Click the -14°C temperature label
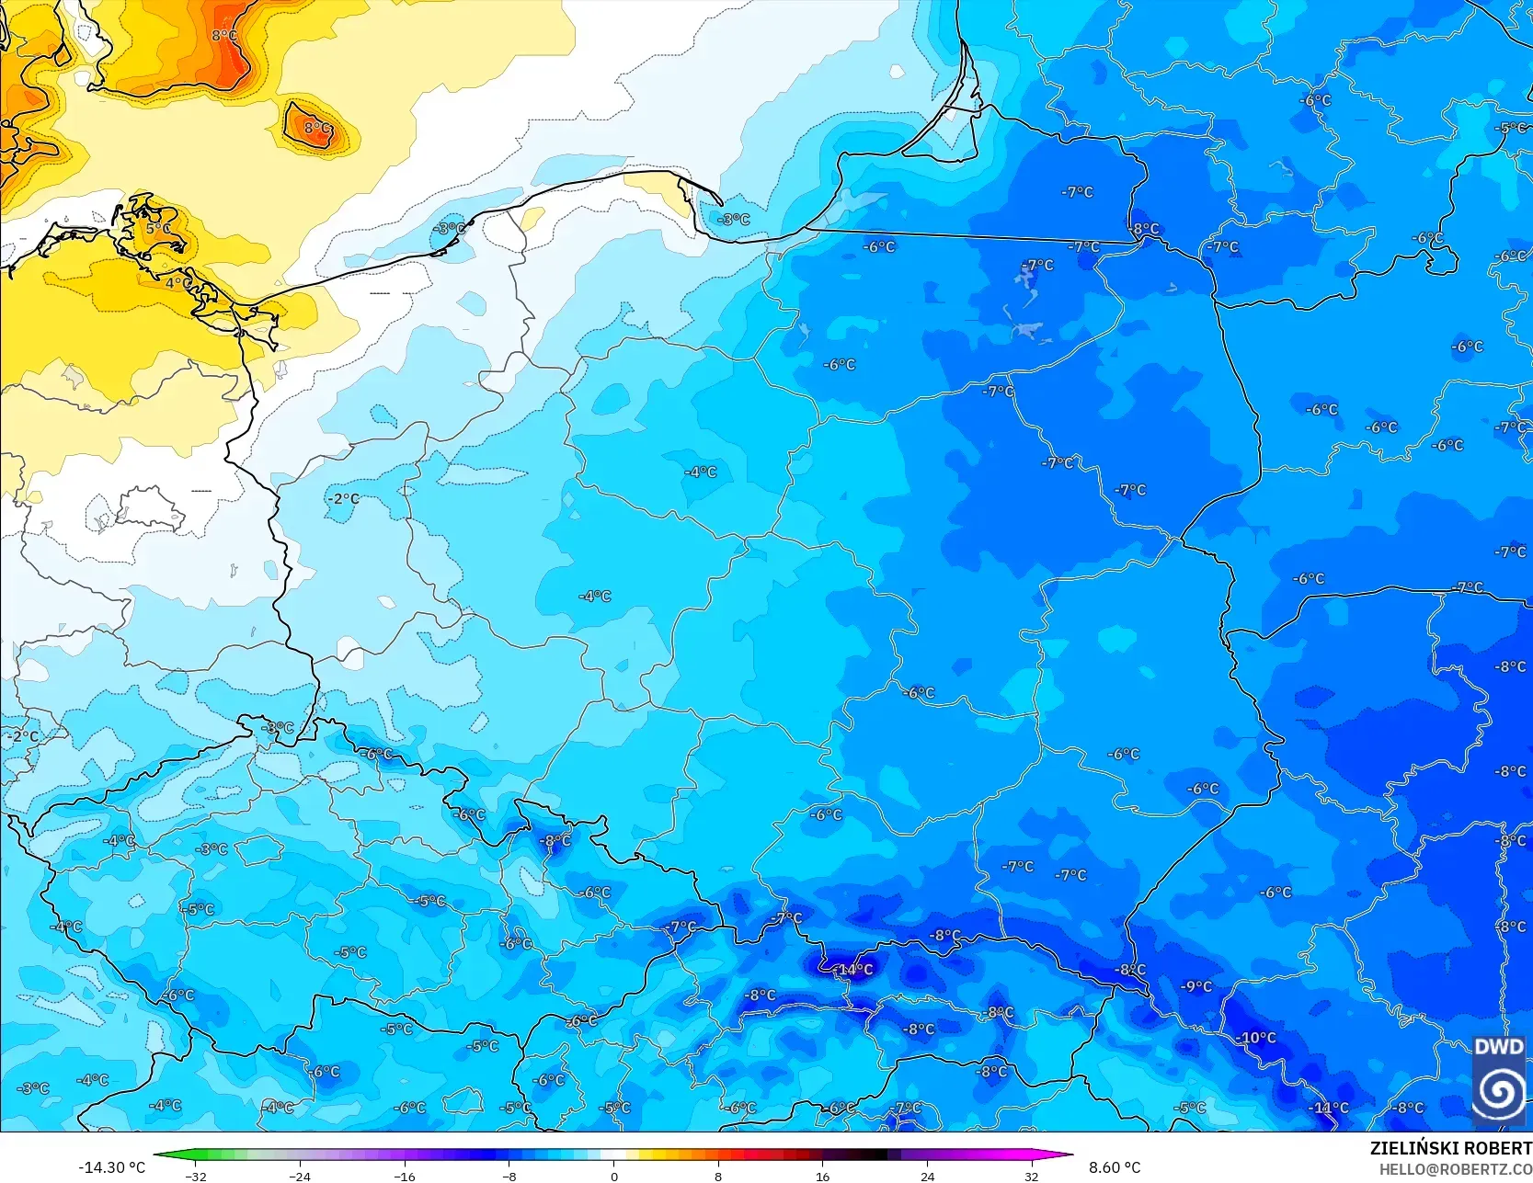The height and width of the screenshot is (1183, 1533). pyautogui.click(x=854, y=970)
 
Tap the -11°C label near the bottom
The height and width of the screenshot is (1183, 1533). pyautogui.click(x=1329, y=1108)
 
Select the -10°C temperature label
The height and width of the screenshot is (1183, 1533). pyautogui.click(x=1257, y=1038)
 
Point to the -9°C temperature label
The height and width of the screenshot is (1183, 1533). pyautogui.click(x=1197, y=986)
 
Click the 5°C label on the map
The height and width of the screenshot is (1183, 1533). pyautogui.click(x=158, y=228)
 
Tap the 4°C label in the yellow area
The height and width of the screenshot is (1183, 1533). pyautogui.click(x=177, y=283)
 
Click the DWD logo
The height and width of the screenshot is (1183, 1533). pyautogui.click(x=1499, y=1080)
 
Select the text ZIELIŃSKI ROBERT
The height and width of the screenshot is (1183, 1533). pyautogui.click(x=1450, y=1148)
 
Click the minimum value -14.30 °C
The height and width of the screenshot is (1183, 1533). pyautogui.click(x=112, y=1167)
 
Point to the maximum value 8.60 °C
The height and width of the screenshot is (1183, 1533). pyautogui.click(x=1115, y=1167)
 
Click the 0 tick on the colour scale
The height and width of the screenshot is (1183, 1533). pyautogui.click(x=613, y=1177)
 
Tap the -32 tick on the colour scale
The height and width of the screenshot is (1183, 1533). pyautogui.click(x=195, y=1177)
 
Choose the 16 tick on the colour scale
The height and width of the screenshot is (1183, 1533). pyautogui.click(x=822, y=1177)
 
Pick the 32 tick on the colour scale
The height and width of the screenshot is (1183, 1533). pyautogui.click(x=1031, y=1177)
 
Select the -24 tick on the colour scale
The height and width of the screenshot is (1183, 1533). pyautogui.click(x=300, y=1177)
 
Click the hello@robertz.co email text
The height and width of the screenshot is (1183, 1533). pyautogui.click(x=1455, y=1169)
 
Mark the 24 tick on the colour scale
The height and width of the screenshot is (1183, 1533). pyautogui.click(x=927, y=1177)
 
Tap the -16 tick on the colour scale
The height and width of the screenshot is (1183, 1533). pyautogui.click(x=405, y=1177)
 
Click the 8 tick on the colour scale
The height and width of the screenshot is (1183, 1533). pyautogui.click(x=718, y=1177)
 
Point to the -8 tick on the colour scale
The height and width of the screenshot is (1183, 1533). pyautogui.click(x=509, y=1177)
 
